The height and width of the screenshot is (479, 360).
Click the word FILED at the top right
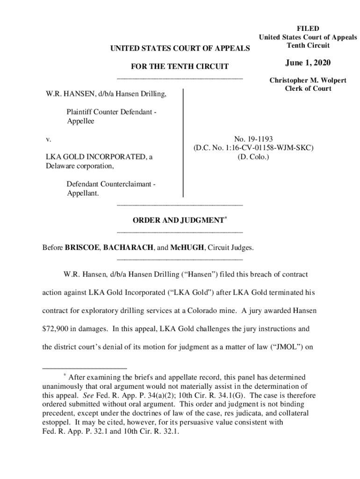308,29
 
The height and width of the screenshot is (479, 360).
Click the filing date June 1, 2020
308,63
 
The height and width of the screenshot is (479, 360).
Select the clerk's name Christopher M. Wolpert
308,80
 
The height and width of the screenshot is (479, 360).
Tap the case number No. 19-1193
253,139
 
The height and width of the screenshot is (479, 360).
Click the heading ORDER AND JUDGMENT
177,221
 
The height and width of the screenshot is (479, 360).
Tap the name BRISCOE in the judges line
82,247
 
